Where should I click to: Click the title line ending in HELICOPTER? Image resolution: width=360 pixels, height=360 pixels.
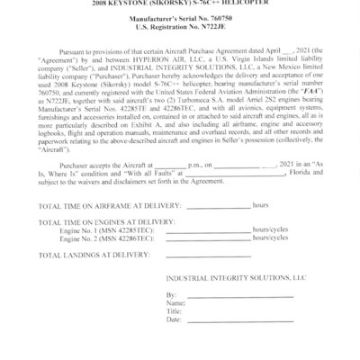pyautogui.click(x=180, y=3)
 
